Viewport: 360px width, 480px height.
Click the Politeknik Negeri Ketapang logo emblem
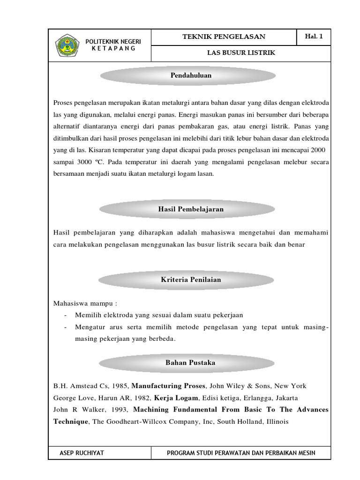67,45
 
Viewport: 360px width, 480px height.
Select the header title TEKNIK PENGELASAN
224,37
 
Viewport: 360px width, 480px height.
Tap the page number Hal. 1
314,37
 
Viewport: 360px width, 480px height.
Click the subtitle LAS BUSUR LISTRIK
241,53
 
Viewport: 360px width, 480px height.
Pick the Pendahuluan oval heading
187,75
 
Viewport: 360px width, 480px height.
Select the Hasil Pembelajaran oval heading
187,210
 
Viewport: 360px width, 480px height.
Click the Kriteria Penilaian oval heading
187,280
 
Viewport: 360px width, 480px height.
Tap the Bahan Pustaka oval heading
187,363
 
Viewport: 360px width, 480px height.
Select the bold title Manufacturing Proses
168,386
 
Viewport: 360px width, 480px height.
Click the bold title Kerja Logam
173,397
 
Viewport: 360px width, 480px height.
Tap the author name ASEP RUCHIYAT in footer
82,453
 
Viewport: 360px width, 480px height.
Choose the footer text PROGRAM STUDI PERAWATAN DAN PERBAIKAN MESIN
241,453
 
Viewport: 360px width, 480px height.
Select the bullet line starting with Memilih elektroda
159,315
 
